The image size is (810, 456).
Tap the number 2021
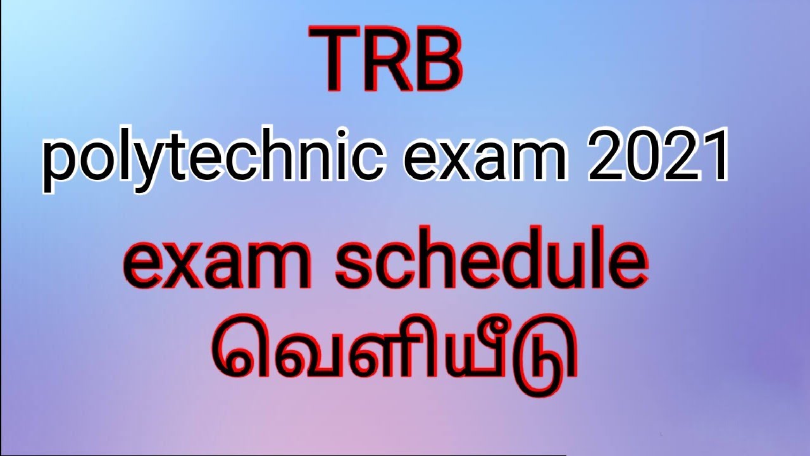pos(657,158)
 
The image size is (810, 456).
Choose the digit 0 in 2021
pos(636,158)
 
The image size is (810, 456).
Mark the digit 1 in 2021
pos(712,158)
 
